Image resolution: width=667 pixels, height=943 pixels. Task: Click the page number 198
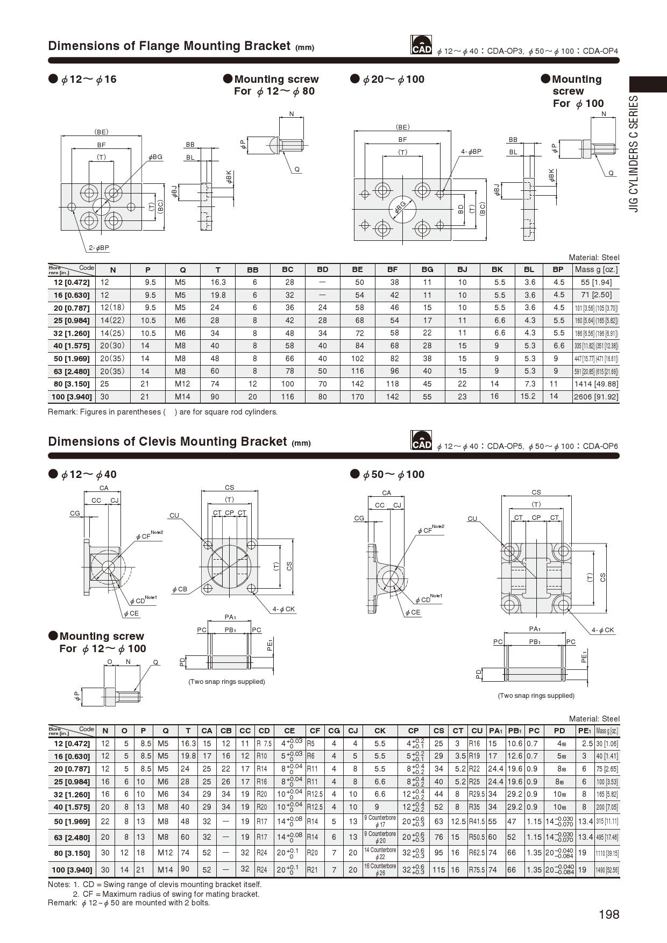tap(609, 915)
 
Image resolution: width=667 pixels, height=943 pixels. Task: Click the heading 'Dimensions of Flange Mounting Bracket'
tap(169, 46)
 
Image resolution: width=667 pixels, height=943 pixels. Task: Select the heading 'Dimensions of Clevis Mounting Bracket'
tap(167, 441)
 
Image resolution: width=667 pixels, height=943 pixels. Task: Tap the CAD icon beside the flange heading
tap(421, 45)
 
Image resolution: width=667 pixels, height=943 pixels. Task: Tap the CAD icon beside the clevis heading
tap(421, 440)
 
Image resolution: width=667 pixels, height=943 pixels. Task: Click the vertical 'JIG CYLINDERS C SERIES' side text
tap(635, 154)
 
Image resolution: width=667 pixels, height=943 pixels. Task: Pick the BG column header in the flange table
tap(427, 269)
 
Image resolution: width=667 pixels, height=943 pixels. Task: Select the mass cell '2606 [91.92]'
tap(596, 397)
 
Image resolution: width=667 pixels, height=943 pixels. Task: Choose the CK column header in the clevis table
tap(380, 731)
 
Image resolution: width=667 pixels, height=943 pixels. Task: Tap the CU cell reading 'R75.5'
tap(477, 869)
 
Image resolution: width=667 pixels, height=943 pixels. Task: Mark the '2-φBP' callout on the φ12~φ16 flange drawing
tap(99, 248)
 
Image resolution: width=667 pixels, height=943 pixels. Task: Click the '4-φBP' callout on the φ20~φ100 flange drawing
tap(471, 152)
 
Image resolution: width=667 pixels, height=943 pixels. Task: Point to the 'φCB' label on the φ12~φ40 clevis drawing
tap(180, 589)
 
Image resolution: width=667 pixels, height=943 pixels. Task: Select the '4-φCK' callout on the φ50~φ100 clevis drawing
tap(602, 630)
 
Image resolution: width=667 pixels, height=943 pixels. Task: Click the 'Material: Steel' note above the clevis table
tap(594, 719)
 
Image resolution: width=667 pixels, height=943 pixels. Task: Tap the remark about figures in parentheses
tap(162, 412)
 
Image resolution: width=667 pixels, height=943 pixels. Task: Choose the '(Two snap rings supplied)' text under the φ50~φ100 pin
tap(536, 696)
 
